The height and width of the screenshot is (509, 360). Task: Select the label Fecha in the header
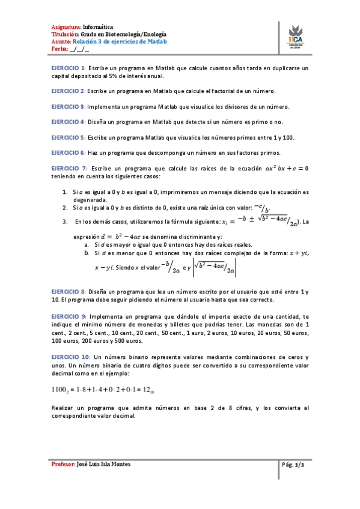pos(59,49)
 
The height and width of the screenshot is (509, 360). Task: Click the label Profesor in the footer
pos(63,465)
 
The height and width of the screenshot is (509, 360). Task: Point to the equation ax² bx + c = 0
pos(286,169)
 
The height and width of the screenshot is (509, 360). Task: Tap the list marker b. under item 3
pos(87,253)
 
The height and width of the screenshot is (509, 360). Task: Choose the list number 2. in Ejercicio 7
pos(65,208)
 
